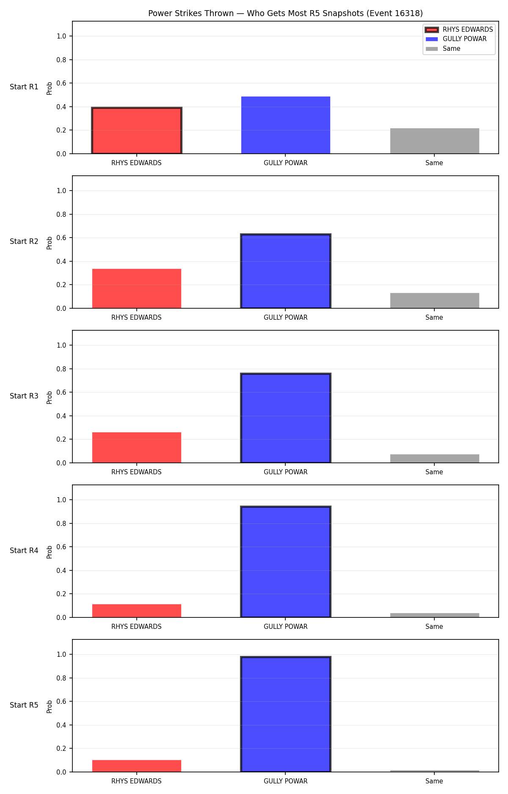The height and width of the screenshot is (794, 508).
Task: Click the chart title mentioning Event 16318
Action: tap(285, 13)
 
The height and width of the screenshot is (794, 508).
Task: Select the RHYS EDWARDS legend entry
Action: tap(459, 30)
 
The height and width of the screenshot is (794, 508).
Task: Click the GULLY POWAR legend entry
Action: tap(456, 39)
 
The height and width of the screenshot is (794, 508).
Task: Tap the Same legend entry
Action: tap(443, 49)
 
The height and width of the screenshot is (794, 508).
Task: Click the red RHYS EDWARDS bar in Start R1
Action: tap(137, 130)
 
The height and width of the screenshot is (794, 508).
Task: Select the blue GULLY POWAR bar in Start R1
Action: tap(286, 125)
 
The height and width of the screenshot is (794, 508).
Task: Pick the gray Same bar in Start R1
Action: tap(435, 141)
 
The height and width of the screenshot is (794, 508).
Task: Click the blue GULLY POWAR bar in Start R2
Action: tap(286, 271)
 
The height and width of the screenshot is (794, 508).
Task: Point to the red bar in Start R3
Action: tap(137, 448)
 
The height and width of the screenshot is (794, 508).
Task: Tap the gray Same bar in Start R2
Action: tap(435, 301)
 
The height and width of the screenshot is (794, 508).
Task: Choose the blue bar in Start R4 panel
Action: tap(286, 562)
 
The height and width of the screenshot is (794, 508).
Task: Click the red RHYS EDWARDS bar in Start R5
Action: tap(137, 766)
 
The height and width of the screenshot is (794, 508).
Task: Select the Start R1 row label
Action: tap(24, 87)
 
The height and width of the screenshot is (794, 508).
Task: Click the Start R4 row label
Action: tap(24, 551)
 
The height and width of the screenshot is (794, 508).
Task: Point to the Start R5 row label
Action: tap(24, 705)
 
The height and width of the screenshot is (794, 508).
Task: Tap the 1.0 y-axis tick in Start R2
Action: tap(61, 191)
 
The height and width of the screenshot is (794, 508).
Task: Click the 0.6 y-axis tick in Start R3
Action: tap(61, 393)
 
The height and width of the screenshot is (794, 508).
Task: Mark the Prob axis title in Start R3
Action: tap(50, 397)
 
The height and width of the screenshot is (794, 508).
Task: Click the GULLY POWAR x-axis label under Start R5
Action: tap(286, 781)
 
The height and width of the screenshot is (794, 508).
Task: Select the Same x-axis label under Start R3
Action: tap(434, 472)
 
